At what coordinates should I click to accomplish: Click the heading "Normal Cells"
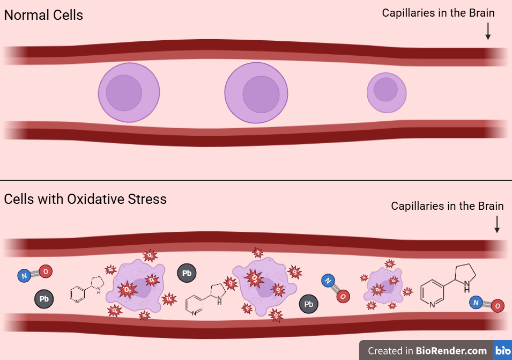[43, 15]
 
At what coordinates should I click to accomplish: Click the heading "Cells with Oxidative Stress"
[85, 199]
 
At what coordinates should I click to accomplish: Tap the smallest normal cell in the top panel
[386, 92]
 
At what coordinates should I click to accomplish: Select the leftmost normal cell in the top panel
[129, 92]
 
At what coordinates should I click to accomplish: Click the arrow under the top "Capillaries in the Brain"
[488, 31]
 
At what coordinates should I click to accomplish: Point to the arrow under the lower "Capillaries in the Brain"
[497, 224]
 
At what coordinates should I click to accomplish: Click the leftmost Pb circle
[44, 299]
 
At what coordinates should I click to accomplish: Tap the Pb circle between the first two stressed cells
[187, 274]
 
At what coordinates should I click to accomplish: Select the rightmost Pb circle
[309, 304]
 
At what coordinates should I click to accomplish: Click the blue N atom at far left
[23, 276]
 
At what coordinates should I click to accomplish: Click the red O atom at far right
[498, 306]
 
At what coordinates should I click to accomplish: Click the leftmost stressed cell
[134, 287]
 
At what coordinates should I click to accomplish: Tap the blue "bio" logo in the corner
[503, 351]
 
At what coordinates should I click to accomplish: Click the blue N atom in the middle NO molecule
[327, 280]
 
